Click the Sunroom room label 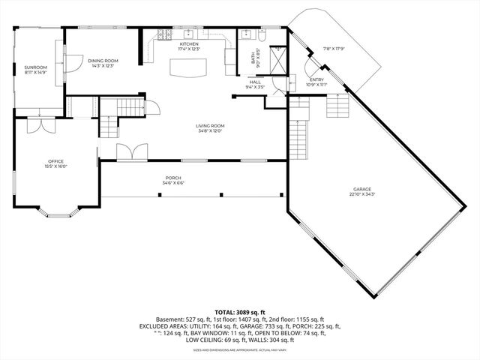35,67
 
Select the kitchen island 188,67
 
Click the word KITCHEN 189,45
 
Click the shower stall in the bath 277,59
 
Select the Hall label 255,82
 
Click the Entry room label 316,79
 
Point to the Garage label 363,189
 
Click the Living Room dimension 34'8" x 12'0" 211,130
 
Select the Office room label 55,161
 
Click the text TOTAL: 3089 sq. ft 240,311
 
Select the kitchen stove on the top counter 164,34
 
